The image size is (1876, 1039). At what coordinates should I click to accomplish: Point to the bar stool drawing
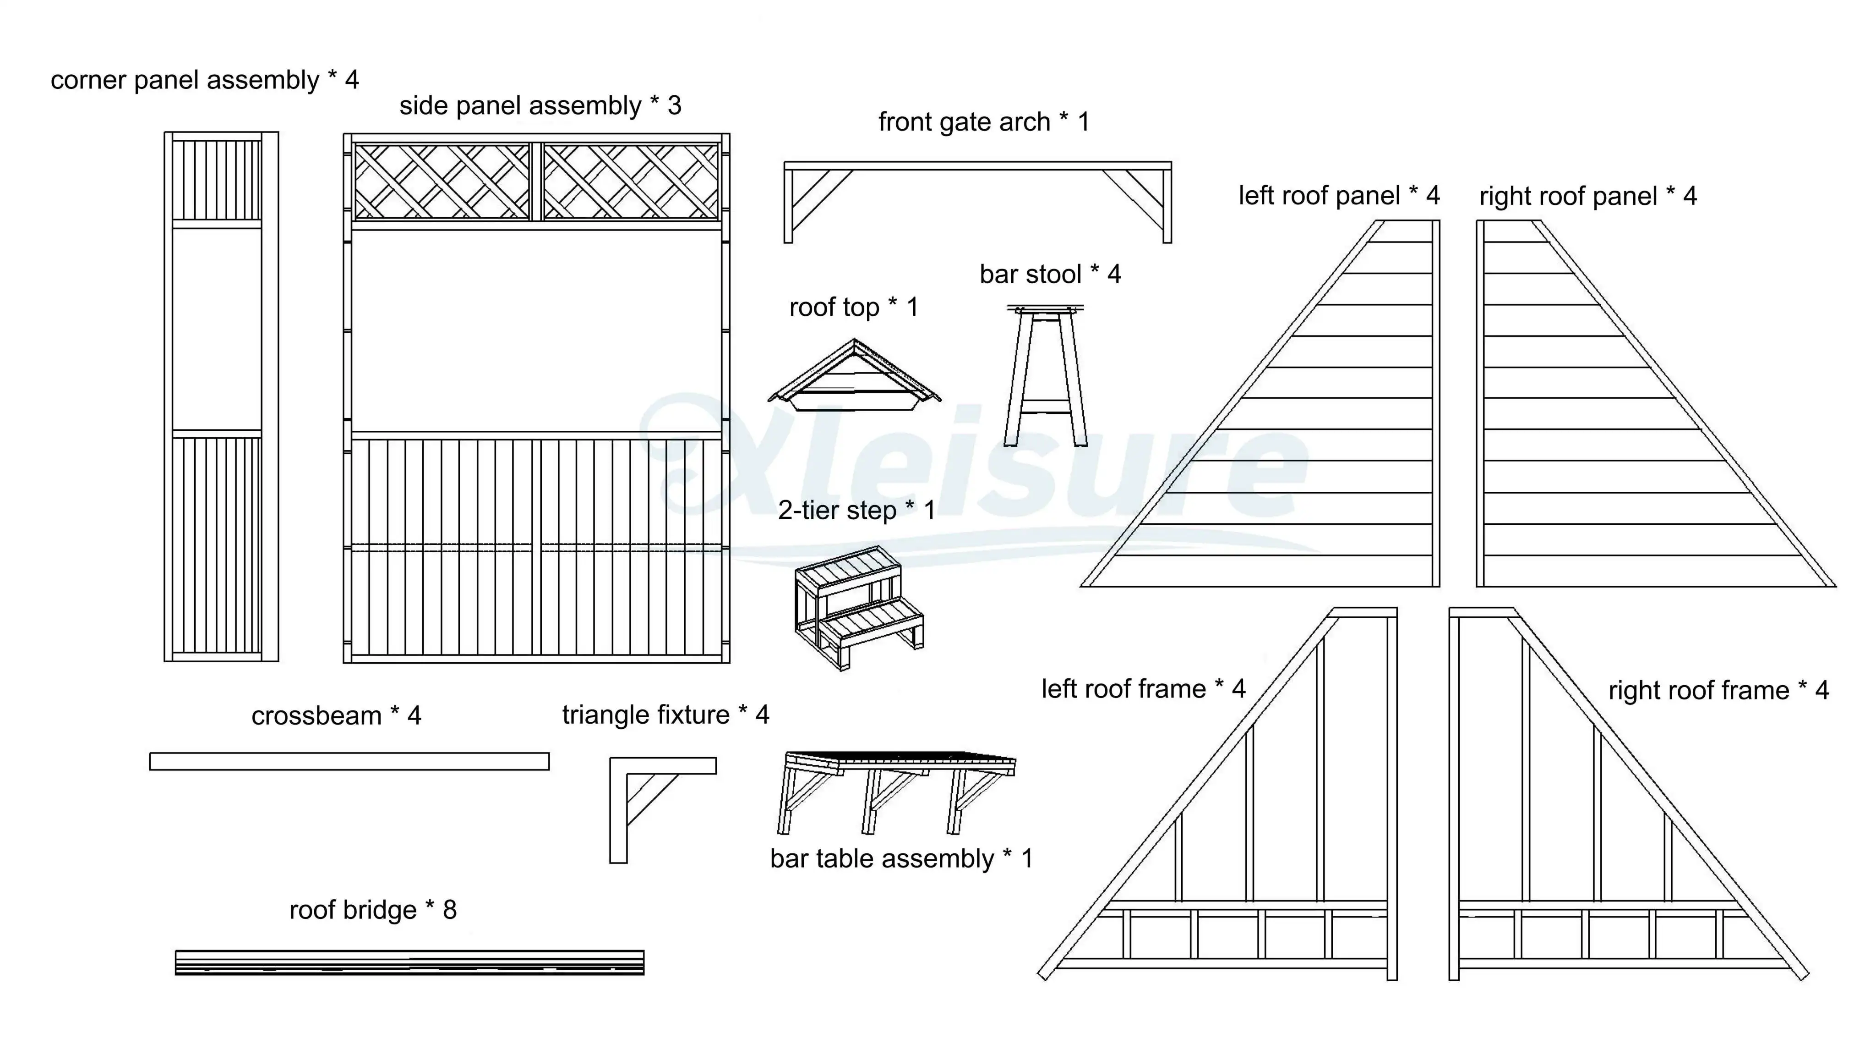coord(1045,375)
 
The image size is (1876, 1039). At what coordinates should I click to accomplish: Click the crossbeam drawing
coord(349,761)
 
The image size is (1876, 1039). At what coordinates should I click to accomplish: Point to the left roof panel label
coord(1339,196)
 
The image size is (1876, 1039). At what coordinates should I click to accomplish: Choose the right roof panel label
coord(1587,197)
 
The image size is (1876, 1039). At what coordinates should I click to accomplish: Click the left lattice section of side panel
coord(442,181)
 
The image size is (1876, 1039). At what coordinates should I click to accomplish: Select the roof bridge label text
coord(353,910)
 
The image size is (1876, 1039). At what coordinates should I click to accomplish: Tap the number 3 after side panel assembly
coord(674,106)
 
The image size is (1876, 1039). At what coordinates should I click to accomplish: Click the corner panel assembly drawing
coord(221,396)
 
